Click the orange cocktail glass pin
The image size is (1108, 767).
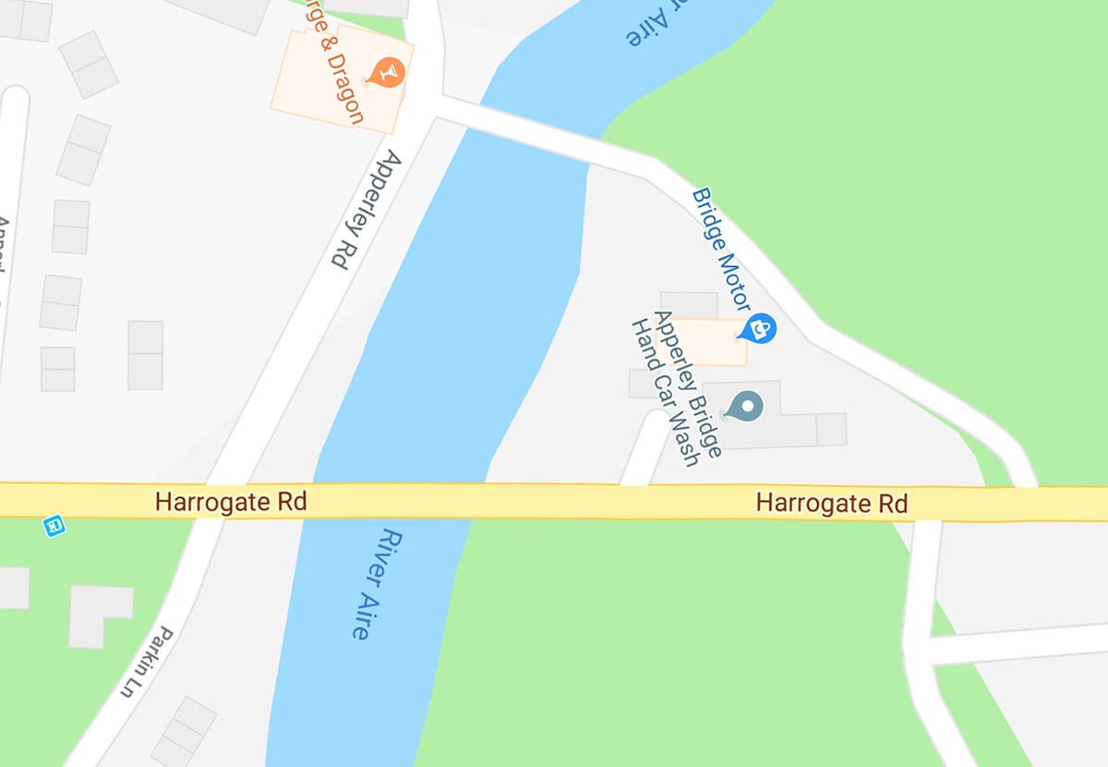coord(387,71)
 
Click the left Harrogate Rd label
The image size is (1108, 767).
coord(230,503)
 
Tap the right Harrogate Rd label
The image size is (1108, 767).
coord(831,504)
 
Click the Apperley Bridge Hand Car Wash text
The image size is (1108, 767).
coord(675,389)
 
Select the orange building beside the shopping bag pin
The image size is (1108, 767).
coord(709,341)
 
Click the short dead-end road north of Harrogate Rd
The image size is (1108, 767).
coord(647,447)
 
